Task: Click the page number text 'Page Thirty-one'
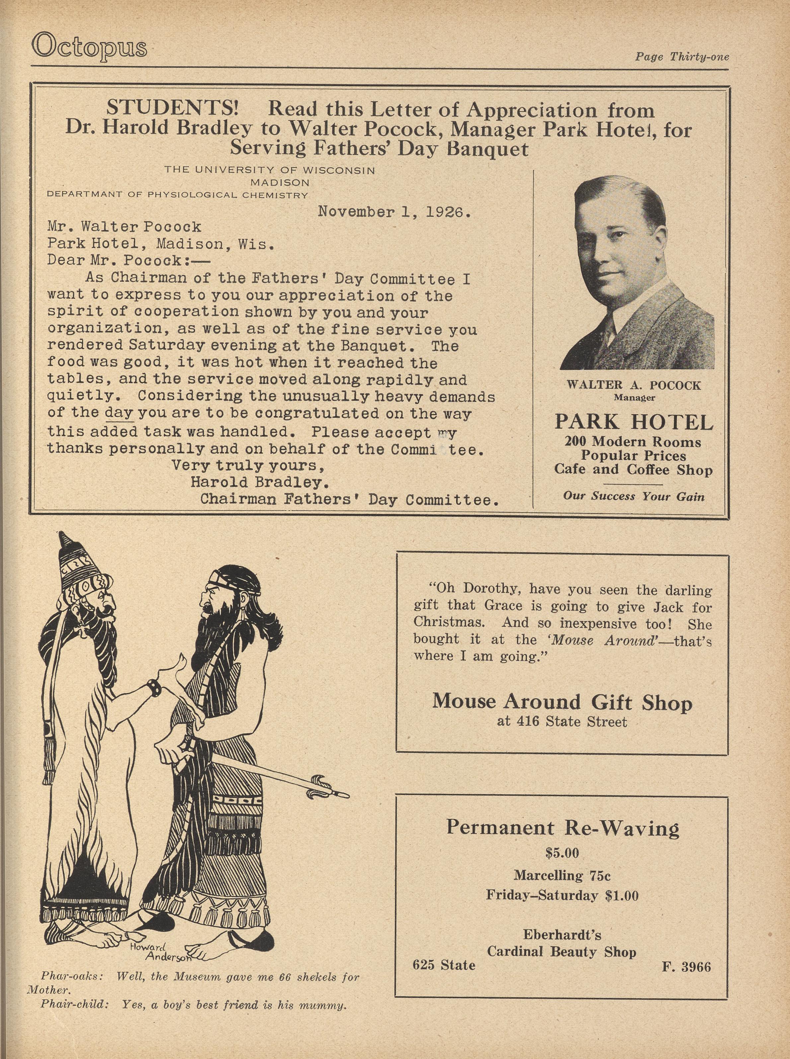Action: [682, 57]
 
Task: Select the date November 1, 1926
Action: [395, 211]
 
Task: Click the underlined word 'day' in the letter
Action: [118, 413]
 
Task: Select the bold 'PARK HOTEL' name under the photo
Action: [634, 422]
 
